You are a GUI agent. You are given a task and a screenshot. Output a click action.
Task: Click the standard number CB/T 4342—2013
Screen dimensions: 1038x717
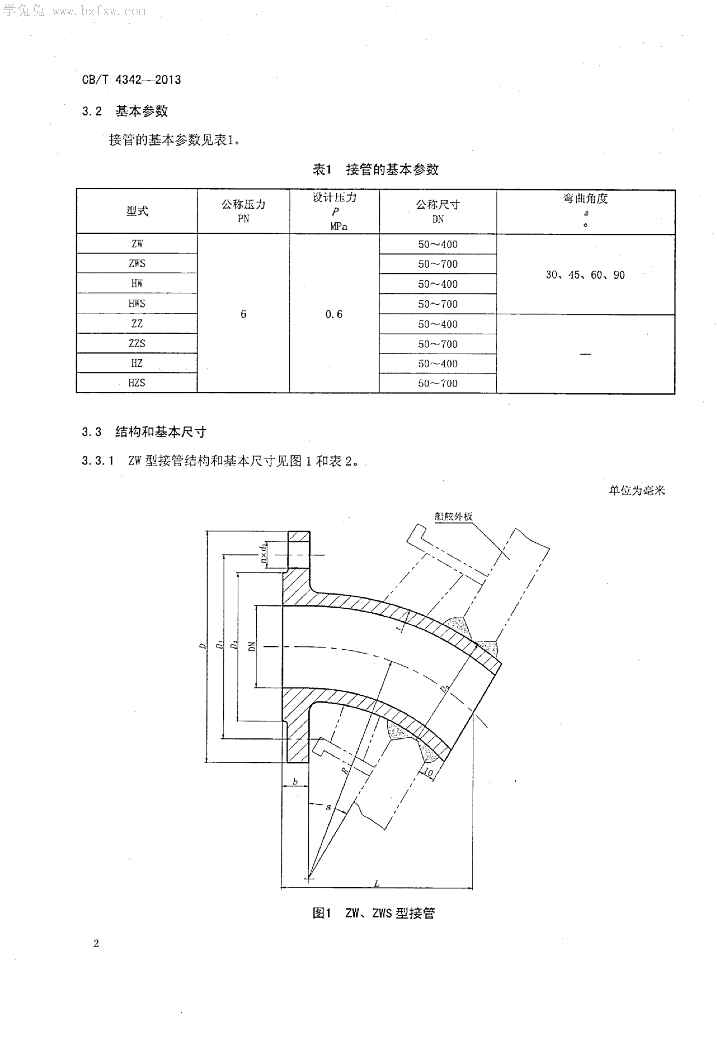131,80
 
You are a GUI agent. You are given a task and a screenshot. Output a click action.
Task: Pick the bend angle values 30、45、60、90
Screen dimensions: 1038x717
585,275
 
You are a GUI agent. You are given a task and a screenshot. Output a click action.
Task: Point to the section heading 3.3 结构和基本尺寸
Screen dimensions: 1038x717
144,432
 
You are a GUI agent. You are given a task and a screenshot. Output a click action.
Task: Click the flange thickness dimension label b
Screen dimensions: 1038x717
295,782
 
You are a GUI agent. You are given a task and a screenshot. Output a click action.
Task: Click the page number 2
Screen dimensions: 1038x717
96,943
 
